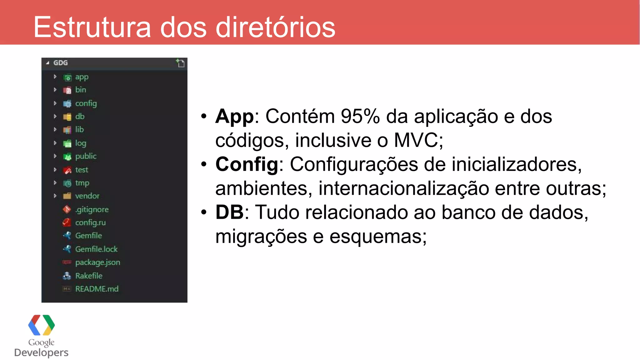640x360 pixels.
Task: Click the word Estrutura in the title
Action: (92, 27)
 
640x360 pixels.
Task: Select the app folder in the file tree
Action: (82, 77)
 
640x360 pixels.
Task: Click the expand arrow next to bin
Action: (55, 90)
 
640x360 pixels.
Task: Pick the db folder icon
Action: (67, 117)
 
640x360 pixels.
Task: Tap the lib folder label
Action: (79, 130)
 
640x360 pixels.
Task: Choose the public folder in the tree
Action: (86, 156)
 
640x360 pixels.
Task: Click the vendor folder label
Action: (87, 196)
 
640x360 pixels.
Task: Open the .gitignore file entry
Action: (92, 209)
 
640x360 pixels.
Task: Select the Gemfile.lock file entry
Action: (96, 249)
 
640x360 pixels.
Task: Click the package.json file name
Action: (97, 262)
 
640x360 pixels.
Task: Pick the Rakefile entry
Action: (89, 276)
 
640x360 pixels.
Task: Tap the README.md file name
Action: (97, 289)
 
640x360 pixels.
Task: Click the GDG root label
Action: (60, 63)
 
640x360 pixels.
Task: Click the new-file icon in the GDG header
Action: (180, 63)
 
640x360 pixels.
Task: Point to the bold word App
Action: (234, 117)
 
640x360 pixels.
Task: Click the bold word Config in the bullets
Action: (247, 164)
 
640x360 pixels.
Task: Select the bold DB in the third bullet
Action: (229, 212)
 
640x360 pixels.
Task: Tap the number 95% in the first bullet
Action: (360, 117)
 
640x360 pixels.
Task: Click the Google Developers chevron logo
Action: (41, 325)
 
